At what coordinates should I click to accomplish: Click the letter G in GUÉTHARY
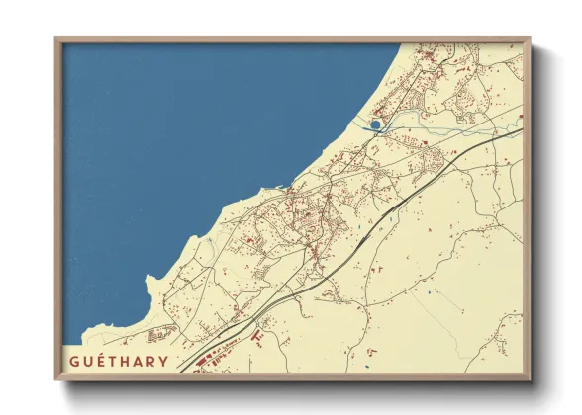click(x=74, y=361)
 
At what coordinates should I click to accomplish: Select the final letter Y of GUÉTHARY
click(x=163, y=361)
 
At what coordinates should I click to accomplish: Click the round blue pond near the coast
click(x=374, y=125)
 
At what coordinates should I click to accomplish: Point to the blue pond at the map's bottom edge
click(x=366, y=368)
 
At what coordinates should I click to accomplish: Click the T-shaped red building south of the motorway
click(x=258, y=337)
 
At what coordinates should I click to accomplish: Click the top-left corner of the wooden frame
click(x=55, y=38)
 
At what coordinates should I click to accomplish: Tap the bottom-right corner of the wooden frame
click(x=531, y=380)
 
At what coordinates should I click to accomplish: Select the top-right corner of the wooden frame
click(x=531, y=38)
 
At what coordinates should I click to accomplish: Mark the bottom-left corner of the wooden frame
click(x=55, y=380)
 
